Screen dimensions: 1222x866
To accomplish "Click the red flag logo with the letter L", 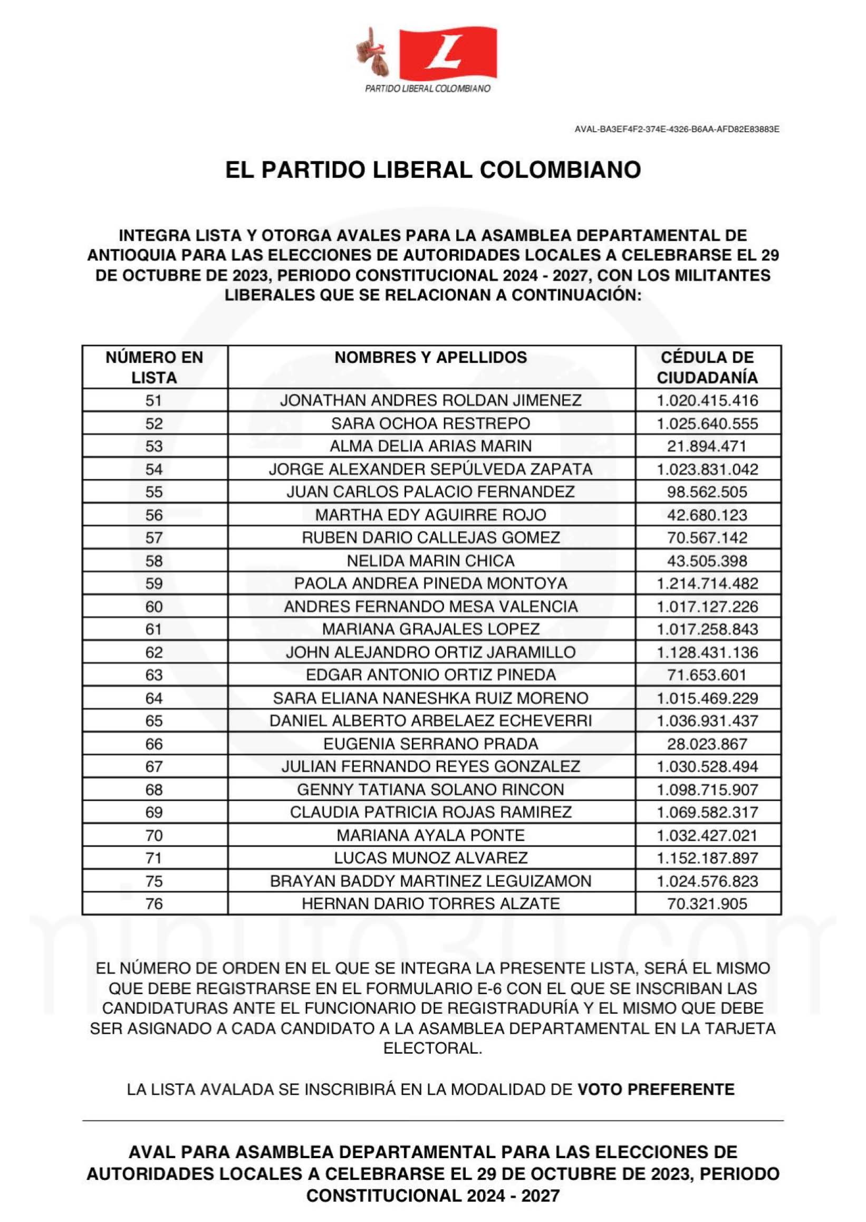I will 447,53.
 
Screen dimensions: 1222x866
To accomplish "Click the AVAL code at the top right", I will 677,129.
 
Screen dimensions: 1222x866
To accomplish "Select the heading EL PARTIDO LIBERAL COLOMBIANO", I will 432,170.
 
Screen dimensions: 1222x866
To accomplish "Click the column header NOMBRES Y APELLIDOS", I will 431,357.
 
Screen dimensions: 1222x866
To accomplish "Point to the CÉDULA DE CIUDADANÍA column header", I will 707,367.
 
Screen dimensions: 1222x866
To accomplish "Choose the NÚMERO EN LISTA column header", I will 154,367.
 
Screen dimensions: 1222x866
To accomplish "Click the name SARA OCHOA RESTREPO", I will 431,424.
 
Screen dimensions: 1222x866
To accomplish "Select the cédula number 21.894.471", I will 707,446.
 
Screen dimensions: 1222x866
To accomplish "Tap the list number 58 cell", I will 154,561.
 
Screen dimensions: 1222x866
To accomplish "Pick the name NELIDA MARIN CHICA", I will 431,561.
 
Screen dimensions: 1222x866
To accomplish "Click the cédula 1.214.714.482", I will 707,584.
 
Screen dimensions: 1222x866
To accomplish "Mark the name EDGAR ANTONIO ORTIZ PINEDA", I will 431,675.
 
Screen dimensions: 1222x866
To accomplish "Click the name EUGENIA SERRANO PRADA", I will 431,744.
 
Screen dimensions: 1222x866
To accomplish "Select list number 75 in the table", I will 154,881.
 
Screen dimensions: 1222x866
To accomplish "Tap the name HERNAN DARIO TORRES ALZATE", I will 431,903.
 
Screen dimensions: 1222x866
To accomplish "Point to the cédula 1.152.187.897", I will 707,859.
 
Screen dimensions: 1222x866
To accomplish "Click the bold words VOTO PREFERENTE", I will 656,1089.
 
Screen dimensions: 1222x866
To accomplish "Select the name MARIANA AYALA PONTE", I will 431,835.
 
